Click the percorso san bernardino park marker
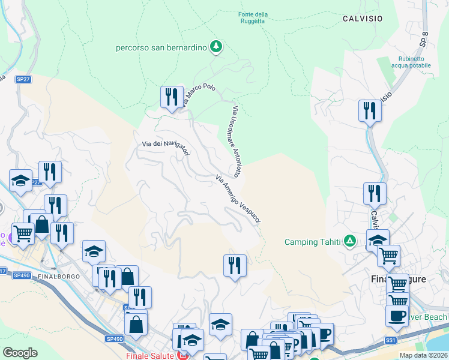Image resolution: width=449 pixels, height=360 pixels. pyautogui.click(x=216, y=47)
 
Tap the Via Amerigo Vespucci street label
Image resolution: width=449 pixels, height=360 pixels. pyautogui.click(x=238, y=200)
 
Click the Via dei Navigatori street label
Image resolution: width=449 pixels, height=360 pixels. pyautogui.click(x=166, y=147)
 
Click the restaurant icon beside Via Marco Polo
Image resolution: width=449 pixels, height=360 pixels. pyautogui.click(x=172, y=97)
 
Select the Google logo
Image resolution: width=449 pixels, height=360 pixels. pyautogui.click(x=20, y=352)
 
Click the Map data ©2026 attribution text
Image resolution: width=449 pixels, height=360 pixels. pyautogui.click(x=424, y=355)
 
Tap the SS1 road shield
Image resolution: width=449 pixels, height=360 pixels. pyautogui.click(x=391, y=340)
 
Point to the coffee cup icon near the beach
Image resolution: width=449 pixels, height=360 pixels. pyautogui.click(x=397, y=317)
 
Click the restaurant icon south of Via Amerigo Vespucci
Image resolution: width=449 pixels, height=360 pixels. pyautogui.click(x=235, y=265)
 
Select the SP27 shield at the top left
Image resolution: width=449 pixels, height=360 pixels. pyautogui.click(x=23, y=79)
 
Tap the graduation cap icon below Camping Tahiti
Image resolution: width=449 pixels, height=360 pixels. pyautogui.click(x=378, y=240)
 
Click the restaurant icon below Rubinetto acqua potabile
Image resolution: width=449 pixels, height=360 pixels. pyautogui.click(x=370, y=110)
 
